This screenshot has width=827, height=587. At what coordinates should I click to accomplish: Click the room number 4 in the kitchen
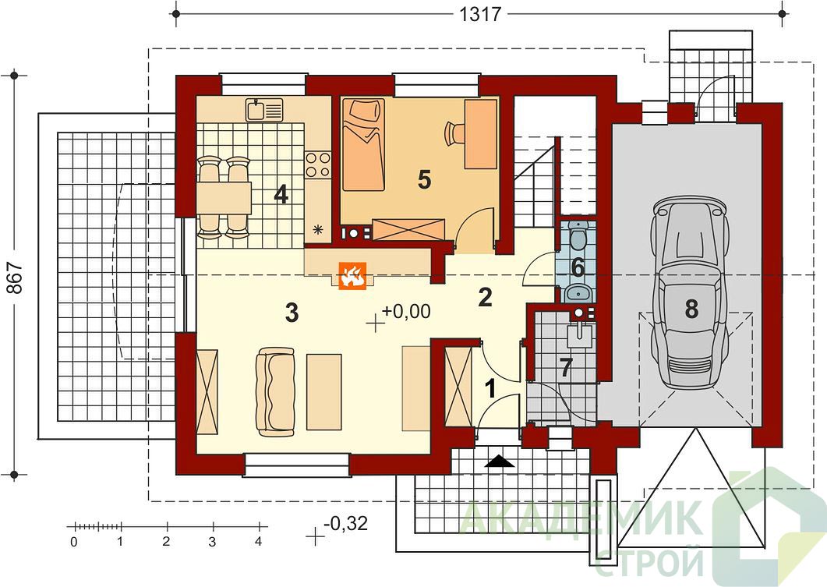click(281, 195)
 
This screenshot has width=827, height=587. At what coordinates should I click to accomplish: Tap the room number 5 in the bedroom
click(424, 180)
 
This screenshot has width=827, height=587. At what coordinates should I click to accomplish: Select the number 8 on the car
click(691, 309)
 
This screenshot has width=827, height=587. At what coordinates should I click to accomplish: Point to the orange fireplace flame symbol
click(352, 276)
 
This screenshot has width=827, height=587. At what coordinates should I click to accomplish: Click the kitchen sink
click(263, 110)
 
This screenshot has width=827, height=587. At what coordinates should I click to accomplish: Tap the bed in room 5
click(363, 144)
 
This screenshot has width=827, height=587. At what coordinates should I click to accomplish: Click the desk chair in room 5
click(454, 133)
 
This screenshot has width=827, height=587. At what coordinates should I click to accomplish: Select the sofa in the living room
click(275, 392)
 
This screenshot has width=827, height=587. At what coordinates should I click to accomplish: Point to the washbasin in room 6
click(578, 292)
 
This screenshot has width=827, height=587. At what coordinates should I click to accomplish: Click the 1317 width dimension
click(480, 14)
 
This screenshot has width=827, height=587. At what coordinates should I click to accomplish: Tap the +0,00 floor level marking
click(406, 312)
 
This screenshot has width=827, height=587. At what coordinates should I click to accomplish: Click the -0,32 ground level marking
click(346, 524)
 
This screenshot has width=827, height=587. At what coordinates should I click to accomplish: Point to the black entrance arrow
click(499, 462)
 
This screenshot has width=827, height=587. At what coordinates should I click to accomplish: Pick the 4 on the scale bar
click(259, 542)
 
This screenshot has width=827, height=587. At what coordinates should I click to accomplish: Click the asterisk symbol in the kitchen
click(317, 229)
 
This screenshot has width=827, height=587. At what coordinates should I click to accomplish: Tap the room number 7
click(566, 368)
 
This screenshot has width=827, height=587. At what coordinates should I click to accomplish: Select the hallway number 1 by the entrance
click(490, 389)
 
